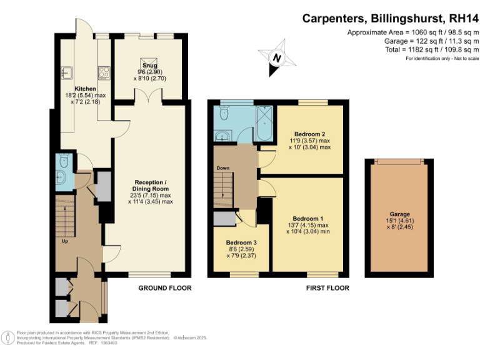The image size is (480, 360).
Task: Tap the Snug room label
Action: tap(149, 65)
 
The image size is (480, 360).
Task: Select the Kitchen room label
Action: tap(86, 89)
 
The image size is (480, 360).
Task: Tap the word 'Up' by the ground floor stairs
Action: tap(65, 240)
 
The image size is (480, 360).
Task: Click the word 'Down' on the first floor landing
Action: tap(223, 168)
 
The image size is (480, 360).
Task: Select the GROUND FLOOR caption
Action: tap(165, 288)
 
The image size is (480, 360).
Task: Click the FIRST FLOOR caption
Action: tap(327, 288)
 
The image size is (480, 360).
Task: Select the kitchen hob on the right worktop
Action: tap(104, 71)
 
